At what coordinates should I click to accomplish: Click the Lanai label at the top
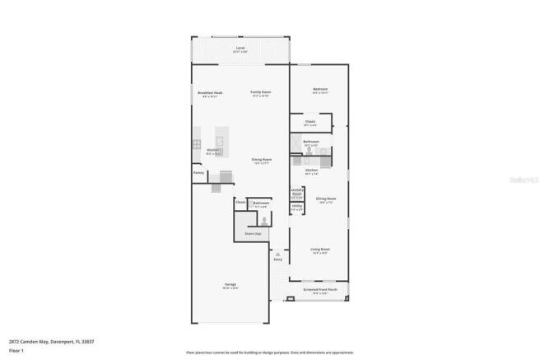240,49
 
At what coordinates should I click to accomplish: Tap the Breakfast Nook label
211,93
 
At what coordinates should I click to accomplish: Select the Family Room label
261,92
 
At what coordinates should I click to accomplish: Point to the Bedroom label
320,89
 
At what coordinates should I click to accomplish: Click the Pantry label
198,172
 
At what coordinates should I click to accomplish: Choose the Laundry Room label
297,194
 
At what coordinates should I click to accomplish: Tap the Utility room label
296,208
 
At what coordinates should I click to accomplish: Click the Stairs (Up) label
253,234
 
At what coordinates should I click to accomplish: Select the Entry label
277,259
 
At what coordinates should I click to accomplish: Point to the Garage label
231,286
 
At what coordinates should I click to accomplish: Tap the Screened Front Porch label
320,290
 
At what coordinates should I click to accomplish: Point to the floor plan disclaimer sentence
269,352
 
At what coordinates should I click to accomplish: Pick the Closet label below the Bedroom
310,123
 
